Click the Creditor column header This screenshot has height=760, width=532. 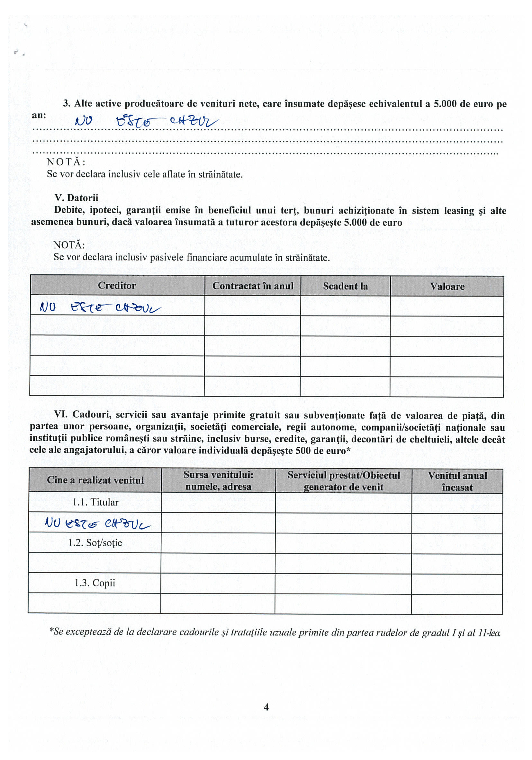click(117, 286)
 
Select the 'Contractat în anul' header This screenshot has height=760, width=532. click(253, 286)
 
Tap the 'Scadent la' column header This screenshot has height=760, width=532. click(345, 286)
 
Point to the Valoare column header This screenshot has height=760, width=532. click(447, 287)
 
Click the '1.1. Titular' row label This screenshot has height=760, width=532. click(95, 503)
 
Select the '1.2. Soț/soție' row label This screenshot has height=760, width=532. click(95, 543)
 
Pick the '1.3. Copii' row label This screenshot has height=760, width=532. click(95, 583)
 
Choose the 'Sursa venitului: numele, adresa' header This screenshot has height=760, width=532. click(219, 481)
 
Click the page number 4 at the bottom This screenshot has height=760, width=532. click(266, 707)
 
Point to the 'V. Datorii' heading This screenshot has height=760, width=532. click(76, 198)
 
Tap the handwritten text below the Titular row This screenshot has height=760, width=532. click(97, 523)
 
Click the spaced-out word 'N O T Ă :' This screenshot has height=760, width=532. click(66, 162)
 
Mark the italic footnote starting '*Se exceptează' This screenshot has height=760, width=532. click(275, 632)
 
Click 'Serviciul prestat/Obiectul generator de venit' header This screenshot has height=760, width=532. click(344, 481)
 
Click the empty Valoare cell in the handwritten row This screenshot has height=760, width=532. click(447, 306)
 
